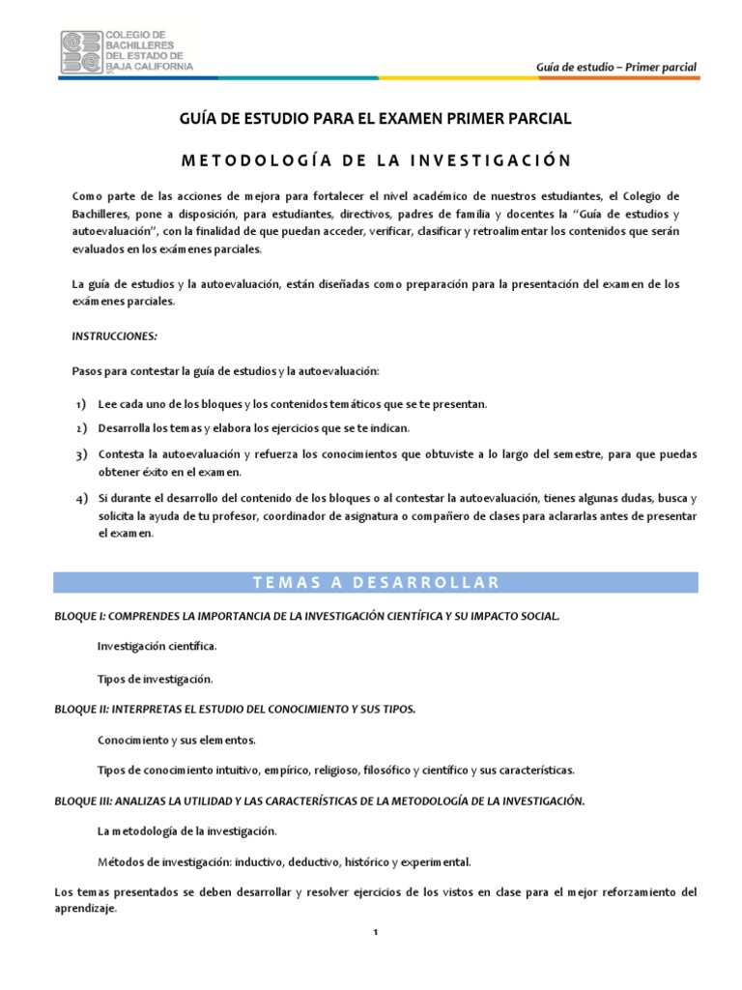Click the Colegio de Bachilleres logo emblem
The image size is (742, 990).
point(80,51)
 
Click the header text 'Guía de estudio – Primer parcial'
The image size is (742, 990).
point(616,67)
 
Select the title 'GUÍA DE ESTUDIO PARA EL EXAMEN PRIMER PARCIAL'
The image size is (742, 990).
point(370,119)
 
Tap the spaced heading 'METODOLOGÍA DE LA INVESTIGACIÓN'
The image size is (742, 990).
point(371,160)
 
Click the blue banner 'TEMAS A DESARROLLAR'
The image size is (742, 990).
point(375,582)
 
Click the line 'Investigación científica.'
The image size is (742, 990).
point(157,645)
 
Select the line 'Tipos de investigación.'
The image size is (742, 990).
point(155,679)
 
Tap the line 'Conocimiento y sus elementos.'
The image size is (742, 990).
point(177,740)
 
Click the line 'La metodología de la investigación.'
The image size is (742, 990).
point(187,830)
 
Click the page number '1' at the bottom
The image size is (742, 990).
point(375,933)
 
